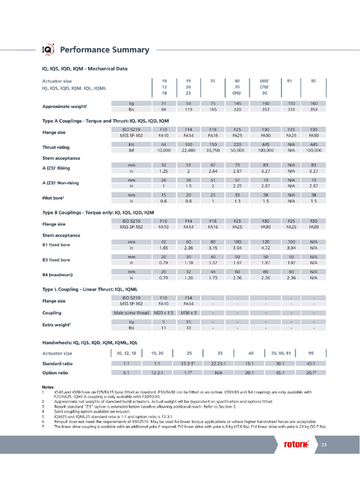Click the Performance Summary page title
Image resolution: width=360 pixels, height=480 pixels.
click(x=105, y=50)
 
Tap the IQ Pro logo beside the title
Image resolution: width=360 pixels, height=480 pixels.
click(x=49, y=50)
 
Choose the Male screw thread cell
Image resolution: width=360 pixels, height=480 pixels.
click(x=131, y=312)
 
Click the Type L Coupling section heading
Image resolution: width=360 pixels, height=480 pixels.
click(x=90, y=289)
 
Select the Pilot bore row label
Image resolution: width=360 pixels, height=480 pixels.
click(x=53, y=198)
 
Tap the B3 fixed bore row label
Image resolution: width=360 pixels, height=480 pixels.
click(x=56, y=259)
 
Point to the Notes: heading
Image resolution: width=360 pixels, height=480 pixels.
click(x=48, y=387)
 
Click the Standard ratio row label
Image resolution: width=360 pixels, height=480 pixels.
click(x=58, y=363)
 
